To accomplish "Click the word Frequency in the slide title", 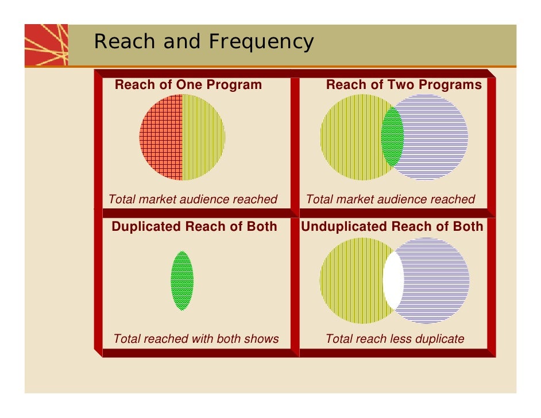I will point(261,42).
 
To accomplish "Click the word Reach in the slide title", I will point(123,42).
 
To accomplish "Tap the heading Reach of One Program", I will point(188,85).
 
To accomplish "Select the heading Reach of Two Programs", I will point(404,85).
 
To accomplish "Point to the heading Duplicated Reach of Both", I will point(194,226).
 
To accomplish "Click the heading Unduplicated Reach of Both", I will point(392,226).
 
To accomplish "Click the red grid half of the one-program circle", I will point(161,137).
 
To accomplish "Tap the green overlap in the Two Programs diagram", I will point(392,137).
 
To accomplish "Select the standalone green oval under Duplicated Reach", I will point(182,281).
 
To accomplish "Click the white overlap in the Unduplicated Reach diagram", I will point(393,281).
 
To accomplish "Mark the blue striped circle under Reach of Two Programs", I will point(436,137).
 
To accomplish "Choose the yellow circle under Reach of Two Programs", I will point(350,137).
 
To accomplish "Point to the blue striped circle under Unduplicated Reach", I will point(436,281).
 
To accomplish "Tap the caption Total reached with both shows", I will point(196,339).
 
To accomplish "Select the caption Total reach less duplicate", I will point(395,339).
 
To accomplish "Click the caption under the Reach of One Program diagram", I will point(193,199).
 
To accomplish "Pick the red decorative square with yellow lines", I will point(46,45).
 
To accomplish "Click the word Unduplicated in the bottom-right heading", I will point(343,226).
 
